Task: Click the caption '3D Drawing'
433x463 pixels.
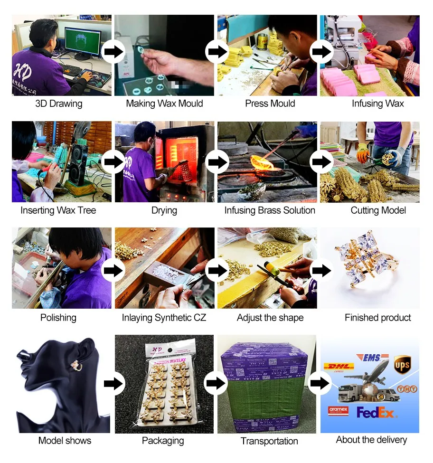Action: [59, 104]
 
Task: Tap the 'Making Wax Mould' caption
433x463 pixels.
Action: [164, 104]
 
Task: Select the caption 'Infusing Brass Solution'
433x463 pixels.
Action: [270, 210]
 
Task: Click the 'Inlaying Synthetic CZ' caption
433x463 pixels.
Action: [164, 318]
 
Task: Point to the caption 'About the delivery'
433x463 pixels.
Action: [371, 440]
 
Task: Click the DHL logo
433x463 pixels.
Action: [339, 367]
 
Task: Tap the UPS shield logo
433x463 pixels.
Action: [402, 365]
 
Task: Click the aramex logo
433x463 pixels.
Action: [338, 410]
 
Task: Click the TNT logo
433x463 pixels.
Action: [407, 389]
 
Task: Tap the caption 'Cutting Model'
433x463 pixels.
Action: [378, 210]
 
